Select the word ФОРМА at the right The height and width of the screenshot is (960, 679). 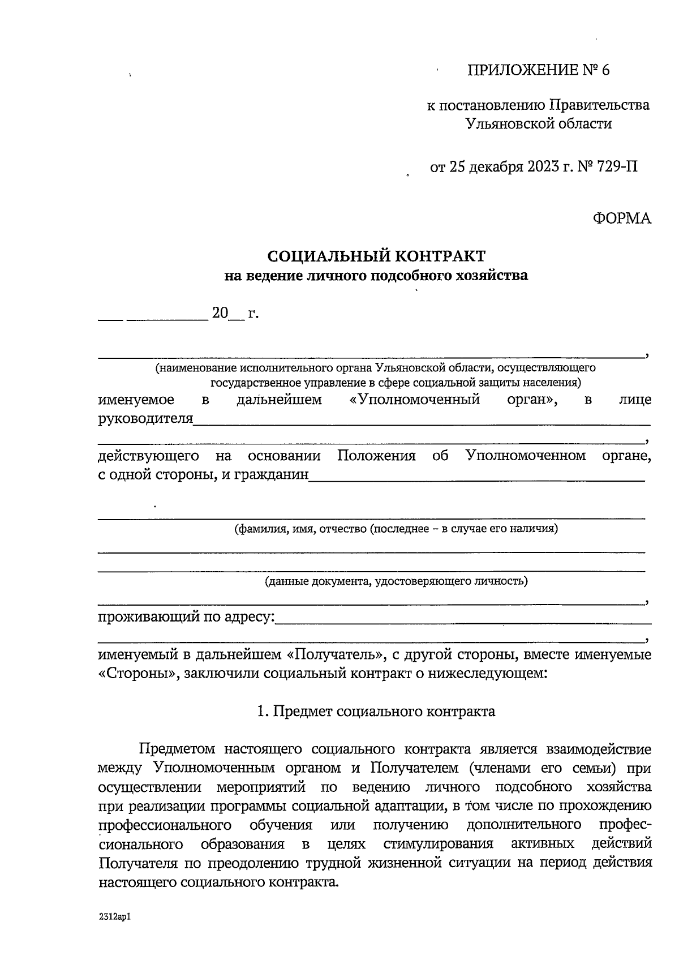coord(622,218)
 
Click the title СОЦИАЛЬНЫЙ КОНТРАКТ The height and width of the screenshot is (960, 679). coord(376,256)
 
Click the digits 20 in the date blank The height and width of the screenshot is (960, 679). coord(220,313)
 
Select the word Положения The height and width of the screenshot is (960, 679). coord(376,456)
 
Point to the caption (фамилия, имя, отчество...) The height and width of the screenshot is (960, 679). coord(396,529)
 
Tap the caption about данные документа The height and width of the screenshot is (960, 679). coord(396,581)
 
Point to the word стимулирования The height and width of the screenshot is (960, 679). coord(438,844)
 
